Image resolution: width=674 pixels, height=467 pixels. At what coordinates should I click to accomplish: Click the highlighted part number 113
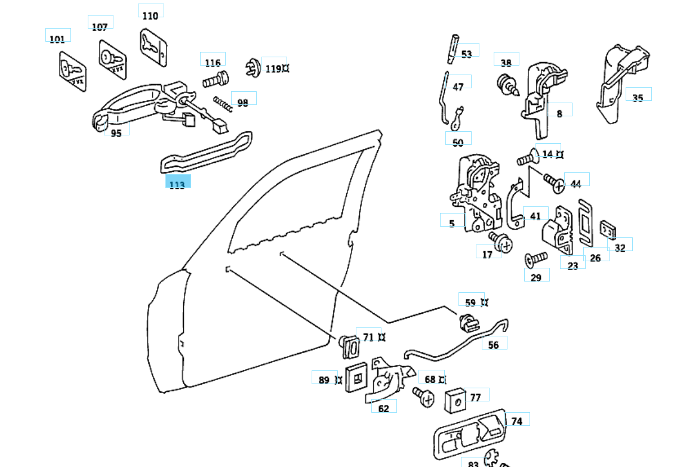pos(177,184)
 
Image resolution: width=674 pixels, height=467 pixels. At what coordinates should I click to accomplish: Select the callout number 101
pos(57,39)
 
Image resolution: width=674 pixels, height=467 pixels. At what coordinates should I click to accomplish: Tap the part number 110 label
pos(150,15)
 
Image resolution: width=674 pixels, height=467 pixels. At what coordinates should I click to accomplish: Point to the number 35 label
pos(638,97)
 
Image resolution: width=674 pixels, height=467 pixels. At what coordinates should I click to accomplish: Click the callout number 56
pos(494,345)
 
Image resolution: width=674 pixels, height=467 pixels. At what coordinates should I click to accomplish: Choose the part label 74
pos(517,421)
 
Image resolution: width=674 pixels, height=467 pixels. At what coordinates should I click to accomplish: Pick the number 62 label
pos(384,409)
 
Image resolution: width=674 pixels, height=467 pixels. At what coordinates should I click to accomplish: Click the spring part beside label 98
pos(223,104)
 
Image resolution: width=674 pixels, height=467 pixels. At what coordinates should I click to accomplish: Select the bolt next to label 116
pos(216,79)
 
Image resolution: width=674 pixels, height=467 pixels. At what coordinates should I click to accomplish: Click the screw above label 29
pos(535,258)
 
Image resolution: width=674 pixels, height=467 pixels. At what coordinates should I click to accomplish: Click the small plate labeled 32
pos(608,229)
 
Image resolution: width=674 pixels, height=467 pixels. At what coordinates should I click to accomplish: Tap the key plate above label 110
pos(153,46)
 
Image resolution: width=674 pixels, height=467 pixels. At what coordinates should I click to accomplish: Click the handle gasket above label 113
pos(206,153)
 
